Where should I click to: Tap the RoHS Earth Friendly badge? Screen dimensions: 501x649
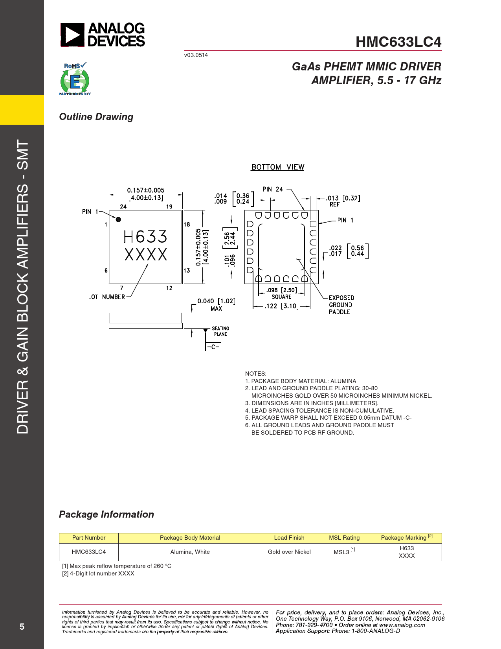(x=75, y=79)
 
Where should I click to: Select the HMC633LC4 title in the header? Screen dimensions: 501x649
(x=398, y=42)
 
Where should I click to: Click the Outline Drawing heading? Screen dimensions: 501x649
(x=96, y=117)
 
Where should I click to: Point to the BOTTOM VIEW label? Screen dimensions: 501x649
(x=277, y=167)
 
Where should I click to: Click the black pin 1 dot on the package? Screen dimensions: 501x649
(x=118, y=219)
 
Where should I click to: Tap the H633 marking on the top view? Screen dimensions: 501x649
(x=145, y=237)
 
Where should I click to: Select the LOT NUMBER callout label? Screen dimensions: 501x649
(x=106, y=297)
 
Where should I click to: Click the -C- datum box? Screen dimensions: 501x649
(x=213, y=347)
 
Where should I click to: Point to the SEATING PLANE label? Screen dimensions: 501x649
(x=220, y=331)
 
